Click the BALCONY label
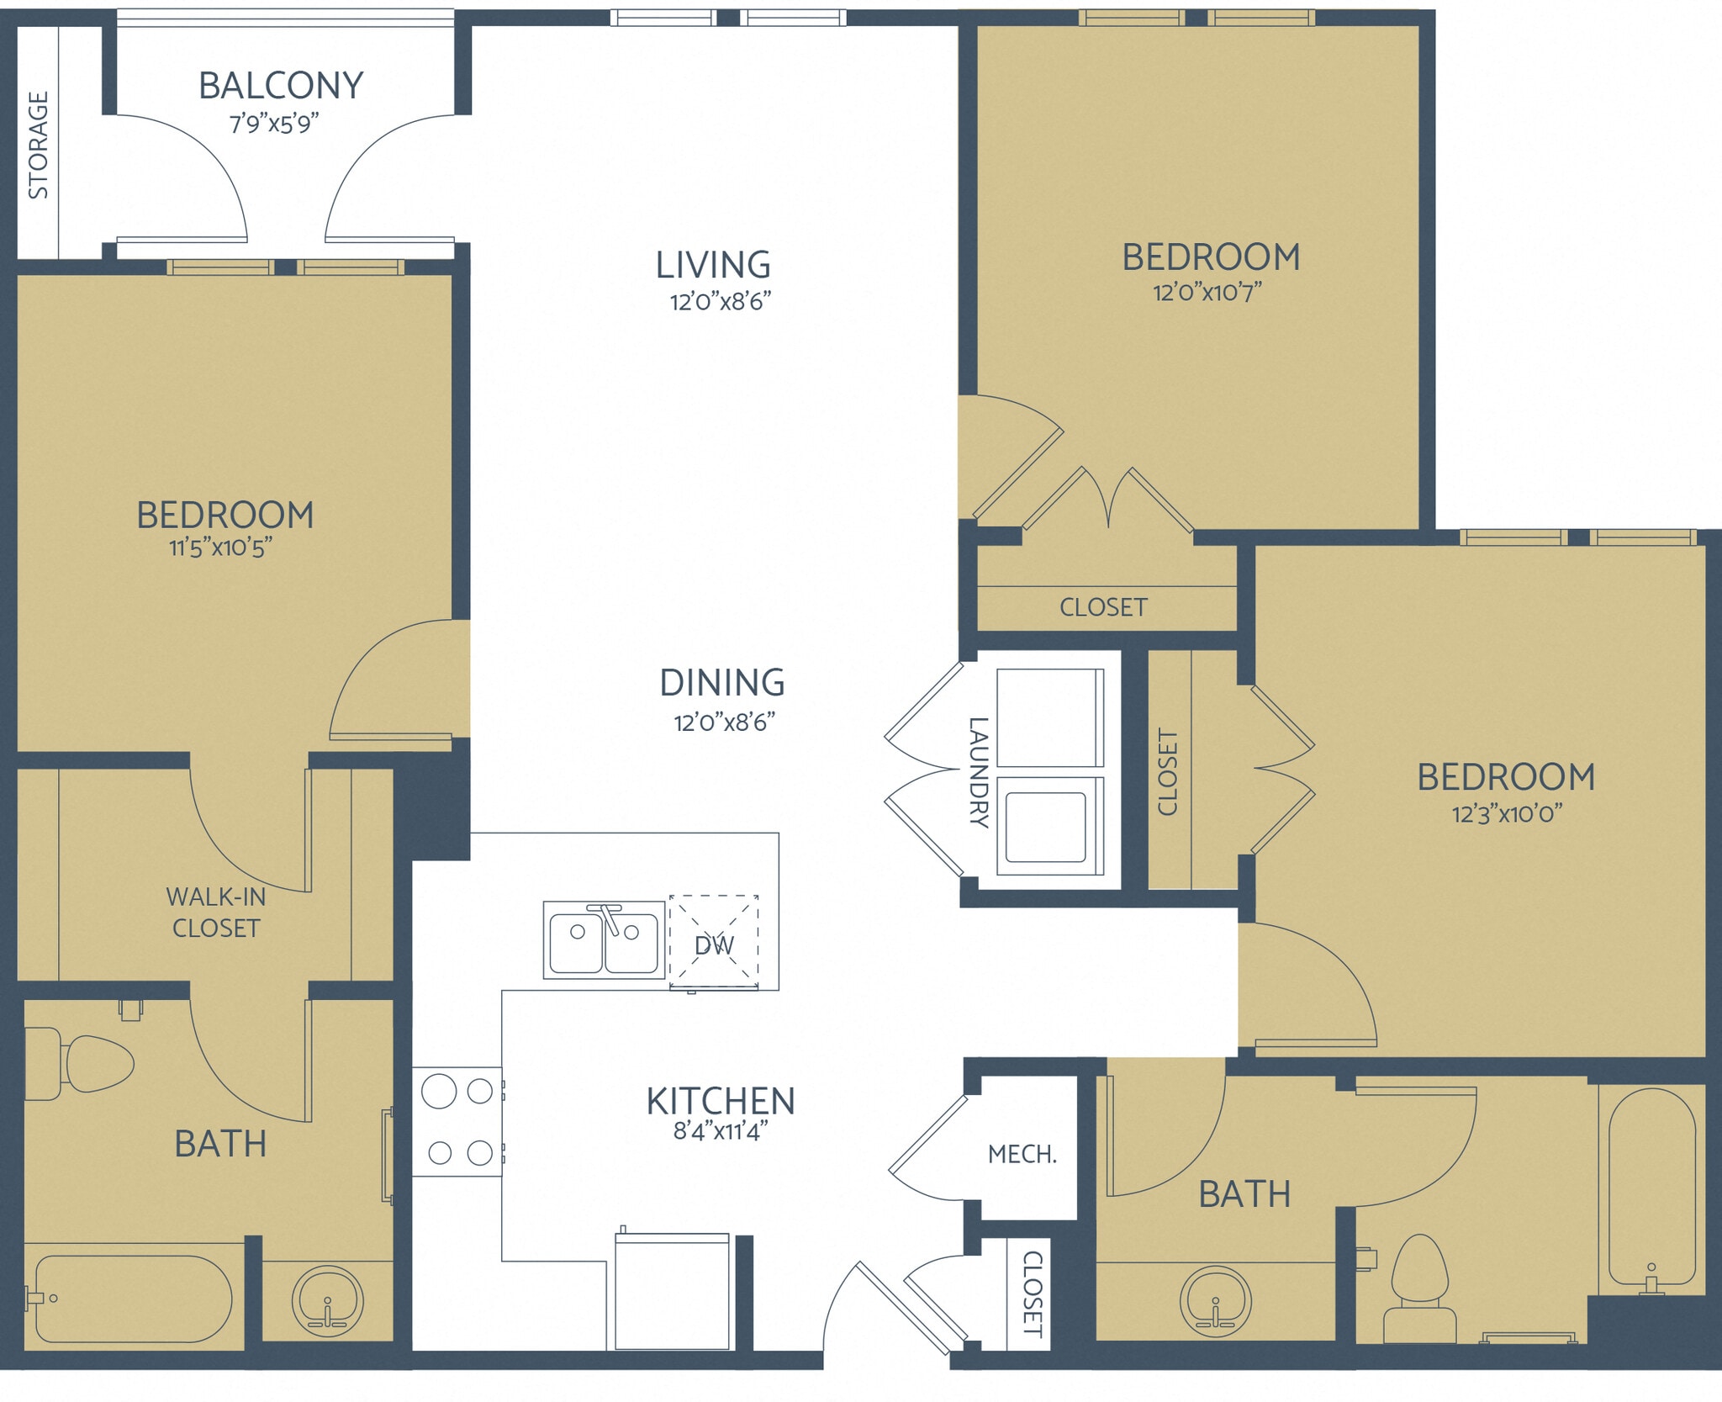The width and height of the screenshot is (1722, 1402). point(281,86)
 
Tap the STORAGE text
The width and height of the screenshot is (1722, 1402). point(39,145)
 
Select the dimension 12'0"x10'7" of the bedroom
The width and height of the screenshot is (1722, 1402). point(1207,293)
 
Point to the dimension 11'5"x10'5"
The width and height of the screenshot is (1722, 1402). point(220,548)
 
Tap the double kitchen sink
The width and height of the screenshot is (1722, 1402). point(604,941)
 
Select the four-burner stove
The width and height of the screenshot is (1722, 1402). point(457,1122)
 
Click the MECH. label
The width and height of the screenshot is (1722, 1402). point(1022,1154)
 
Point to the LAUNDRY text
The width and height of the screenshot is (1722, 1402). point(978,772)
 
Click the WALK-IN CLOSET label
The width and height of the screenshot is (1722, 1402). point(216,913)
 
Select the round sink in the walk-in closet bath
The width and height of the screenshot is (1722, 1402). point(327,1301)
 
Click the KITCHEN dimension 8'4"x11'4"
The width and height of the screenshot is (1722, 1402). point(721,1131)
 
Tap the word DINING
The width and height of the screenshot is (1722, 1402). point(722,683)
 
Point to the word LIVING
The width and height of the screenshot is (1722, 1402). point(713,265)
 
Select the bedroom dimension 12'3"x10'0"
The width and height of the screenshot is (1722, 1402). point(1507,814)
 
